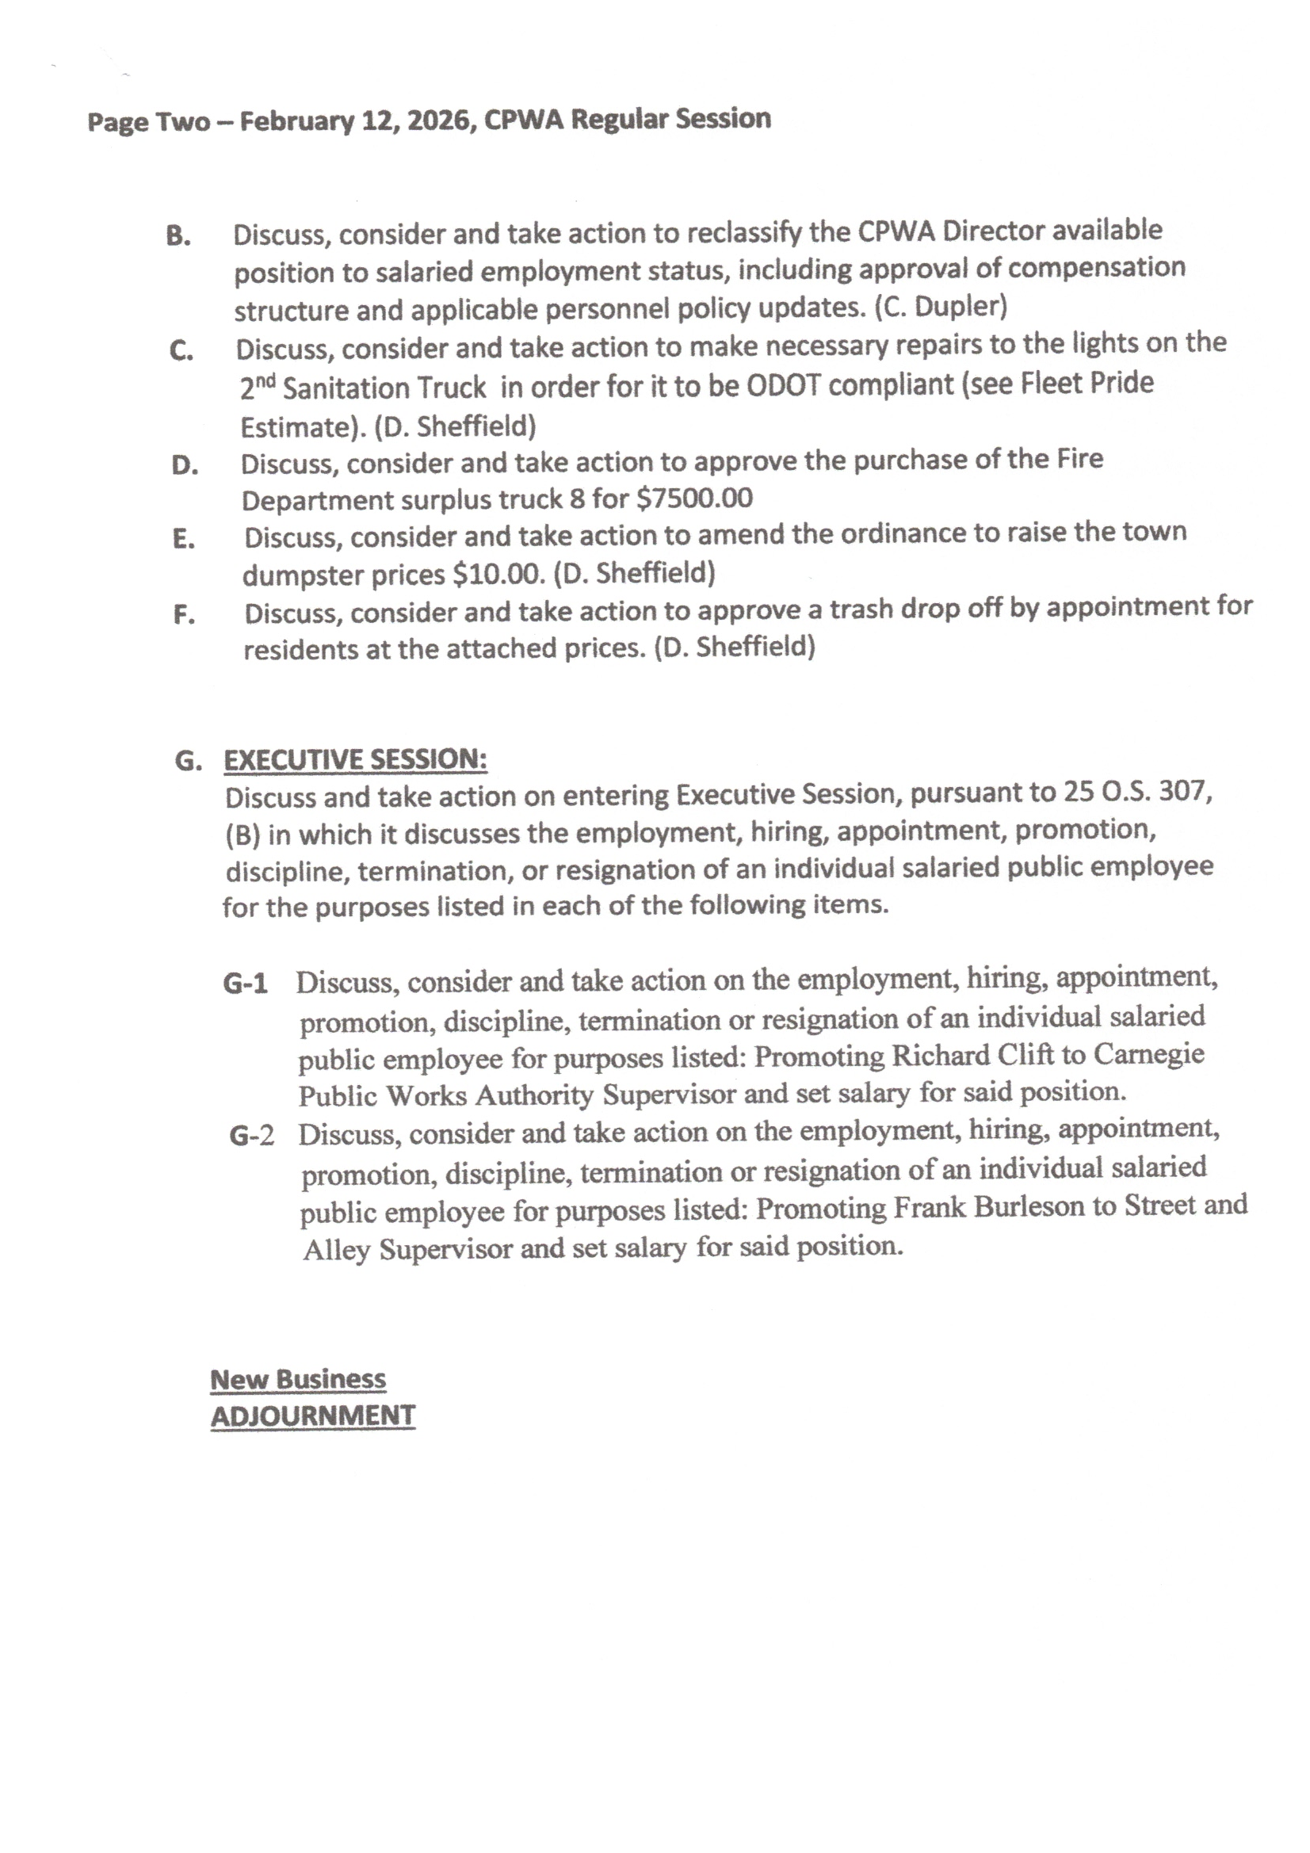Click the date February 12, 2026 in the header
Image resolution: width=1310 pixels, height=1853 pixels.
[354, 121]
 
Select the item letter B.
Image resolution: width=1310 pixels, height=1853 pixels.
[178, 235]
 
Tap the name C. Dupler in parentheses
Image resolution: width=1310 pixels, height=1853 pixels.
[941, 307]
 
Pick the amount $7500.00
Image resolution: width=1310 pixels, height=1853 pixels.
[694, 498]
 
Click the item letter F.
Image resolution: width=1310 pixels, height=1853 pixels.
[184, 615]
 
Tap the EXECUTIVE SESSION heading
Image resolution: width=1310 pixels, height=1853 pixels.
[355, 759]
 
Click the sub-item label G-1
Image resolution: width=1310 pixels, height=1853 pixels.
[246, 983]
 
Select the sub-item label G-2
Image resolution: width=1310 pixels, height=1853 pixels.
[251, 1136]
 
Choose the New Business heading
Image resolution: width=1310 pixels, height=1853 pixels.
[298, 1379]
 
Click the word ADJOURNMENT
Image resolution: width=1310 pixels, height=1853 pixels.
[313, 1416]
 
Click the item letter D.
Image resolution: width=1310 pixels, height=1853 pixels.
[185, 465]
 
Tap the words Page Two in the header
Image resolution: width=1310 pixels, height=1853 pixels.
[148, 123]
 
